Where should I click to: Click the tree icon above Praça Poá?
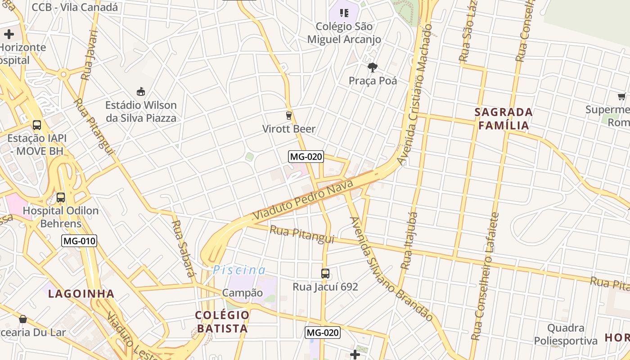(372, 67)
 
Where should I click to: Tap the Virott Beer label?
(289, 129)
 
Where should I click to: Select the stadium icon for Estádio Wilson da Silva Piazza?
(141, 92)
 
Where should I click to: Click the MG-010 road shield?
(79, 241)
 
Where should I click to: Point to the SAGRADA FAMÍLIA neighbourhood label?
(504, 118)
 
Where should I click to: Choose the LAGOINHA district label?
(81, 294)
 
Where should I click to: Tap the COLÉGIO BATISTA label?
(222, 321)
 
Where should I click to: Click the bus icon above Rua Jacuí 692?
(325, 273)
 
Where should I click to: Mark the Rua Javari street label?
(90, 55)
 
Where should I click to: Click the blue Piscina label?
(239, 270)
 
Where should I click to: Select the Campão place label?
(243, 292)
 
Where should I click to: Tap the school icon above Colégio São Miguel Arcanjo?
(344, 13)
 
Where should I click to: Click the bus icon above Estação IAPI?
(37, 125)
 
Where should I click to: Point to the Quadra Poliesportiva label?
(566, 334)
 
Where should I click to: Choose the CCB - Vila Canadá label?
(75, 7)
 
